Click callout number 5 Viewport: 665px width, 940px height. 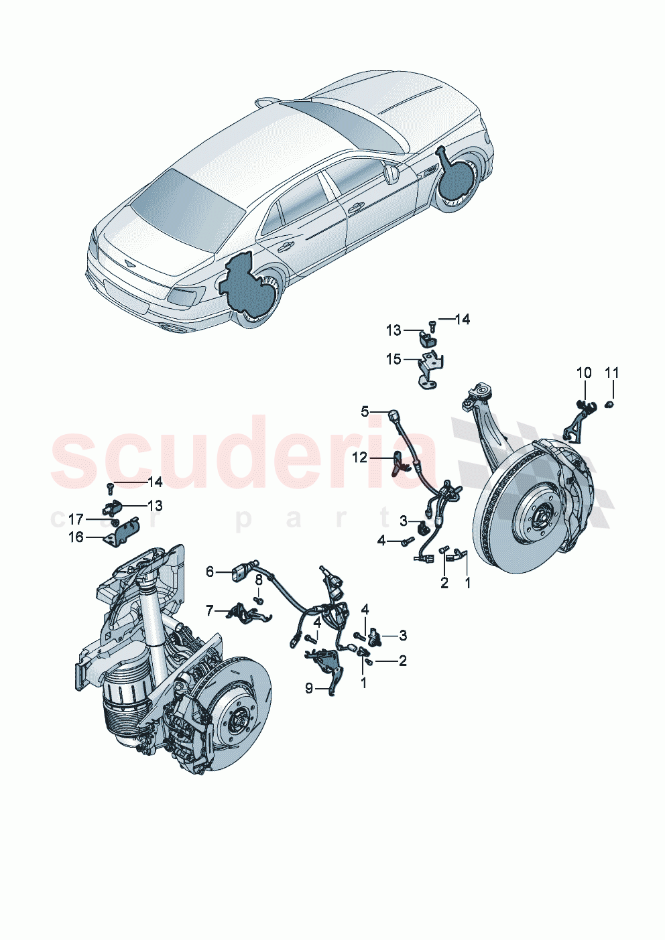coord(365,411)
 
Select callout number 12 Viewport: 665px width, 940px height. coord(360,457)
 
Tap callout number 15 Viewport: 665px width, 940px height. coord(394,360)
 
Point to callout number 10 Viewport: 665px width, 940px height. coord(584,373)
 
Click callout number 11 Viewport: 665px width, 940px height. coord(612,373)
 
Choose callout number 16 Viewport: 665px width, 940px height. coord(76,537)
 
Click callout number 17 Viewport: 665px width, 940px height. coord(76,519)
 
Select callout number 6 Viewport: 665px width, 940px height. coord(210,572)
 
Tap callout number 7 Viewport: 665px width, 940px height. coord(210,610)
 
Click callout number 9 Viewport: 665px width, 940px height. coord(309,688)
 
